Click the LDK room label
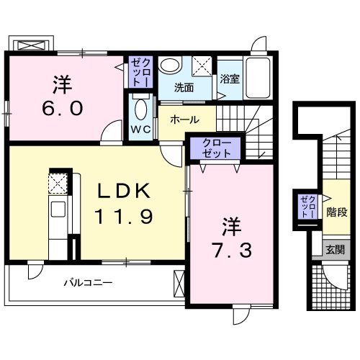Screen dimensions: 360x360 125,192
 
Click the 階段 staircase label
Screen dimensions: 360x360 336,212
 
